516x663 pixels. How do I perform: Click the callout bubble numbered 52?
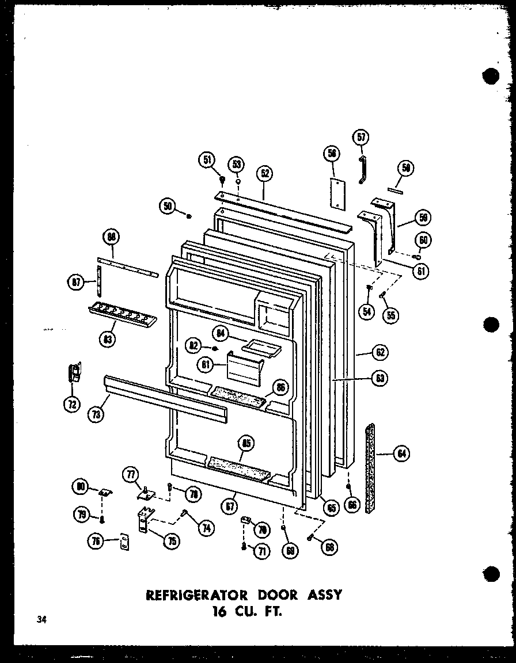point(265,173)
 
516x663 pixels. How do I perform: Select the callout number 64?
point(401,454)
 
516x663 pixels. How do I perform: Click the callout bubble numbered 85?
point(247,443)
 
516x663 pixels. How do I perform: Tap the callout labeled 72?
point(71,404)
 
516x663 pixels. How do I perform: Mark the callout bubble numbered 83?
point(107,340)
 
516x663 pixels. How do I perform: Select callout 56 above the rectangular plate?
point(331,153)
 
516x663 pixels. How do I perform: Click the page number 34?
point(41,619)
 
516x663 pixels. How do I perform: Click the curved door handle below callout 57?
point(362,170)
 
